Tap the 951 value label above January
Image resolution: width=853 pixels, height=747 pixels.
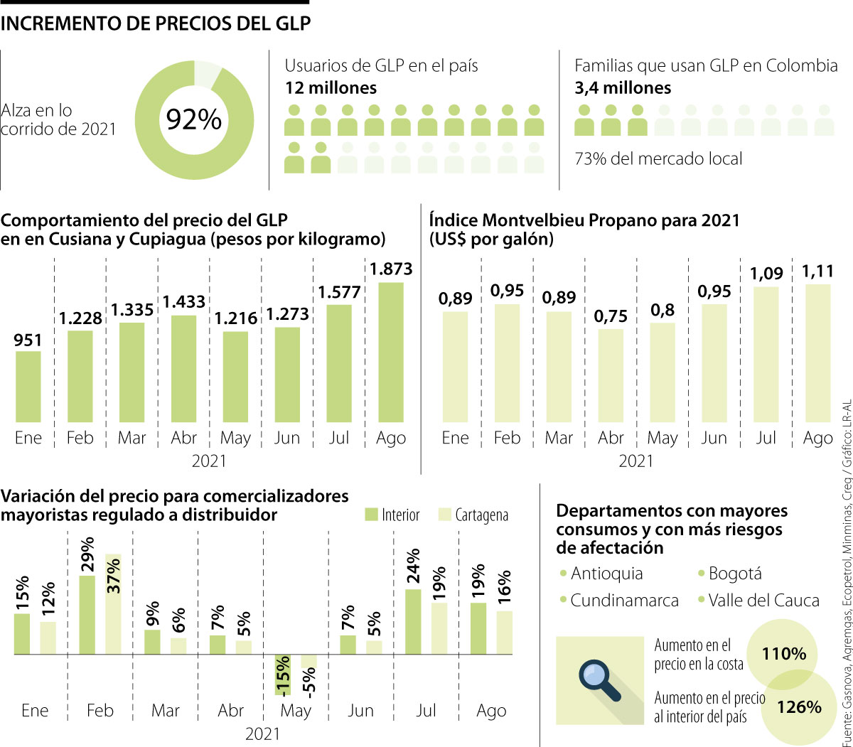click(28, 340)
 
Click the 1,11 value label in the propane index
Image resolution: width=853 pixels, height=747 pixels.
click(817, 272)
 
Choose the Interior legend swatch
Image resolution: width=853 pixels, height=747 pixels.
click(372, 514)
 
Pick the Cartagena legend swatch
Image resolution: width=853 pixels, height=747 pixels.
click(445, 514)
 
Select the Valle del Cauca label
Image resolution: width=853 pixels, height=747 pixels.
click(763, 601)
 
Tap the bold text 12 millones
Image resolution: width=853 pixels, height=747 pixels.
click(331, 88)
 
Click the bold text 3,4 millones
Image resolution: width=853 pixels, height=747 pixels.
click(623, 88)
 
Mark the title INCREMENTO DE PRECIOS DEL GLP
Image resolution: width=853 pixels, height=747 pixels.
click(156, 23)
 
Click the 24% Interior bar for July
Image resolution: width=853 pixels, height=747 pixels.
click(413, 611)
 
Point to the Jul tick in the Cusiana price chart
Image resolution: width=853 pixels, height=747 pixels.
click(339, 438)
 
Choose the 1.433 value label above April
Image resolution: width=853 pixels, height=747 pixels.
click(183, 302)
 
